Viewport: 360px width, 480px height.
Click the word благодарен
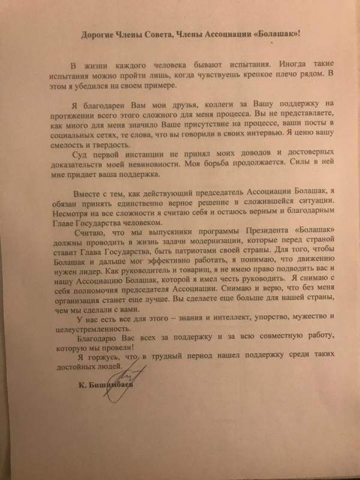click(108, 103)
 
